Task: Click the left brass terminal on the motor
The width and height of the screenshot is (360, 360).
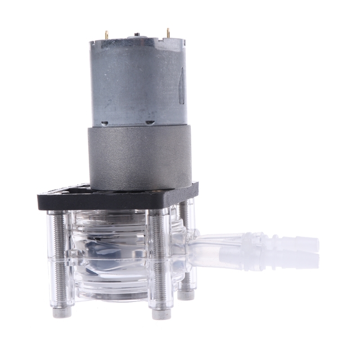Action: [107, 35]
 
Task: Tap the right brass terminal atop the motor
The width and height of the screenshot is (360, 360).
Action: [168, 33]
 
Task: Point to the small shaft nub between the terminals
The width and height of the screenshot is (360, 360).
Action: [137, 34]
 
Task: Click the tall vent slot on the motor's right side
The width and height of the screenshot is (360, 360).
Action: [181, 85]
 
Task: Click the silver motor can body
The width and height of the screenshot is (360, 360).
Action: [135, 81]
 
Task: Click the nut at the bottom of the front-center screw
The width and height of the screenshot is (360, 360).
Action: [161, 314]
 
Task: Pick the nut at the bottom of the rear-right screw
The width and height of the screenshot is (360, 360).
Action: [185, 295]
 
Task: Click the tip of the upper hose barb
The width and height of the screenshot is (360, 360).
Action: [315, 244]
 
